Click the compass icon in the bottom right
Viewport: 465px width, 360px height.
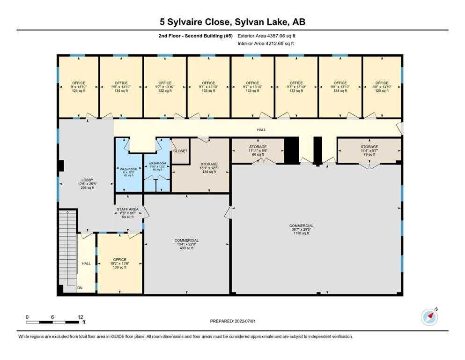(x=429, y=317)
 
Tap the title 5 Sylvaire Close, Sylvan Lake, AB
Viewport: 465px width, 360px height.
(x=232, y=22)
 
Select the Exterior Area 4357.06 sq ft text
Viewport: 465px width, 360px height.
(x=266, y=36)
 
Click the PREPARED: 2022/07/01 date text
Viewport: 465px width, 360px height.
(x=232, y=321)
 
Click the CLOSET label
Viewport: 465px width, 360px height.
(x=180, y=151)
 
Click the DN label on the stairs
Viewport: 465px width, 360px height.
(x=80, y=288)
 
